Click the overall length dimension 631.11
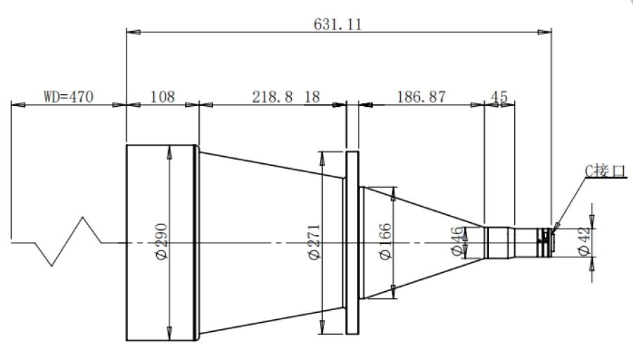point(338,25)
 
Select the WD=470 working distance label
point(68,97)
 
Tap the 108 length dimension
point(162,97)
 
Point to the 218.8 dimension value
point(272,97)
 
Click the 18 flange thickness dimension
point(312,97)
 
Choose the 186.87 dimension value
point(421,97)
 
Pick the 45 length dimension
point(499,97)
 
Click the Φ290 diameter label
point(162,242)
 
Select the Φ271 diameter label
point(314,242)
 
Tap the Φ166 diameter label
point(385,242)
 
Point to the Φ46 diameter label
point(457,241)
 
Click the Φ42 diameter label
point(584,241)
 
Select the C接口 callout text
point(606,171)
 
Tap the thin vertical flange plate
point(352,243)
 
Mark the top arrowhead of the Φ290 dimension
point(169,152)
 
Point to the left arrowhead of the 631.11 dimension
point(133,32)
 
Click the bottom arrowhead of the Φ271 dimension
point(322,327)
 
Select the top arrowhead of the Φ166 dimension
point(394,194)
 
